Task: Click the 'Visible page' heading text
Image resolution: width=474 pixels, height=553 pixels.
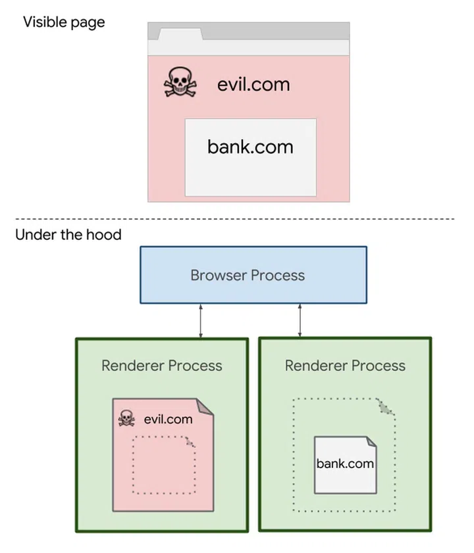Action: pos(64,22)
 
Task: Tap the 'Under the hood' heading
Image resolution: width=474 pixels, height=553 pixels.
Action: pos(68,235)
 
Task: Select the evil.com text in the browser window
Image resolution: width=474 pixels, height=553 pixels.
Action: pos(253,84)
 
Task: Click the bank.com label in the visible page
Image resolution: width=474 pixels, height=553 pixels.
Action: pos(250,146)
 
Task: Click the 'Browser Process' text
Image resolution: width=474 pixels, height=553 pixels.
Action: pos(248,275)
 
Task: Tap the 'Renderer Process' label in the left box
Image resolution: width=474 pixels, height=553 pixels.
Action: pos(162,366)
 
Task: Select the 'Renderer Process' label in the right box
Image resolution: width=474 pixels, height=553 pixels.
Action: pos(345,366)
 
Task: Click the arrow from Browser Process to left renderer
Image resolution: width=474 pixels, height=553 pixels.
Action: pos(201,321)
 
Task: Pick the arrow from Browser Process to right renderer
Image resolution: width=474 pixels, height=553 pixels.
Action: pos(300,321)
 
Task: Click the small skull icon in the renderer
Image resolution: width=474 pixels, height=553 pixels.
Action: pos(126,418)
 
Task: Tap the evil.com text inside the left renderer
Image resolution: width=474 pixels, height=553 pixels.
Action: pos(168,419)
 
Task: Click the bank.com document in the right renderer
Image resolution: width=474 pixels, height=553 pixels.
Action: pos(345,466)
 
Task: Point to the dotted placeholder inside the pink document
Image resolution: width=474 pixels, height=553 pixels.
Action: pos(165,464)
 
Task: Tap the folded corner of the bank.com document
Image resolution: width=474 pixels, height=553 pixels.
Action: pos(370,442)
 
